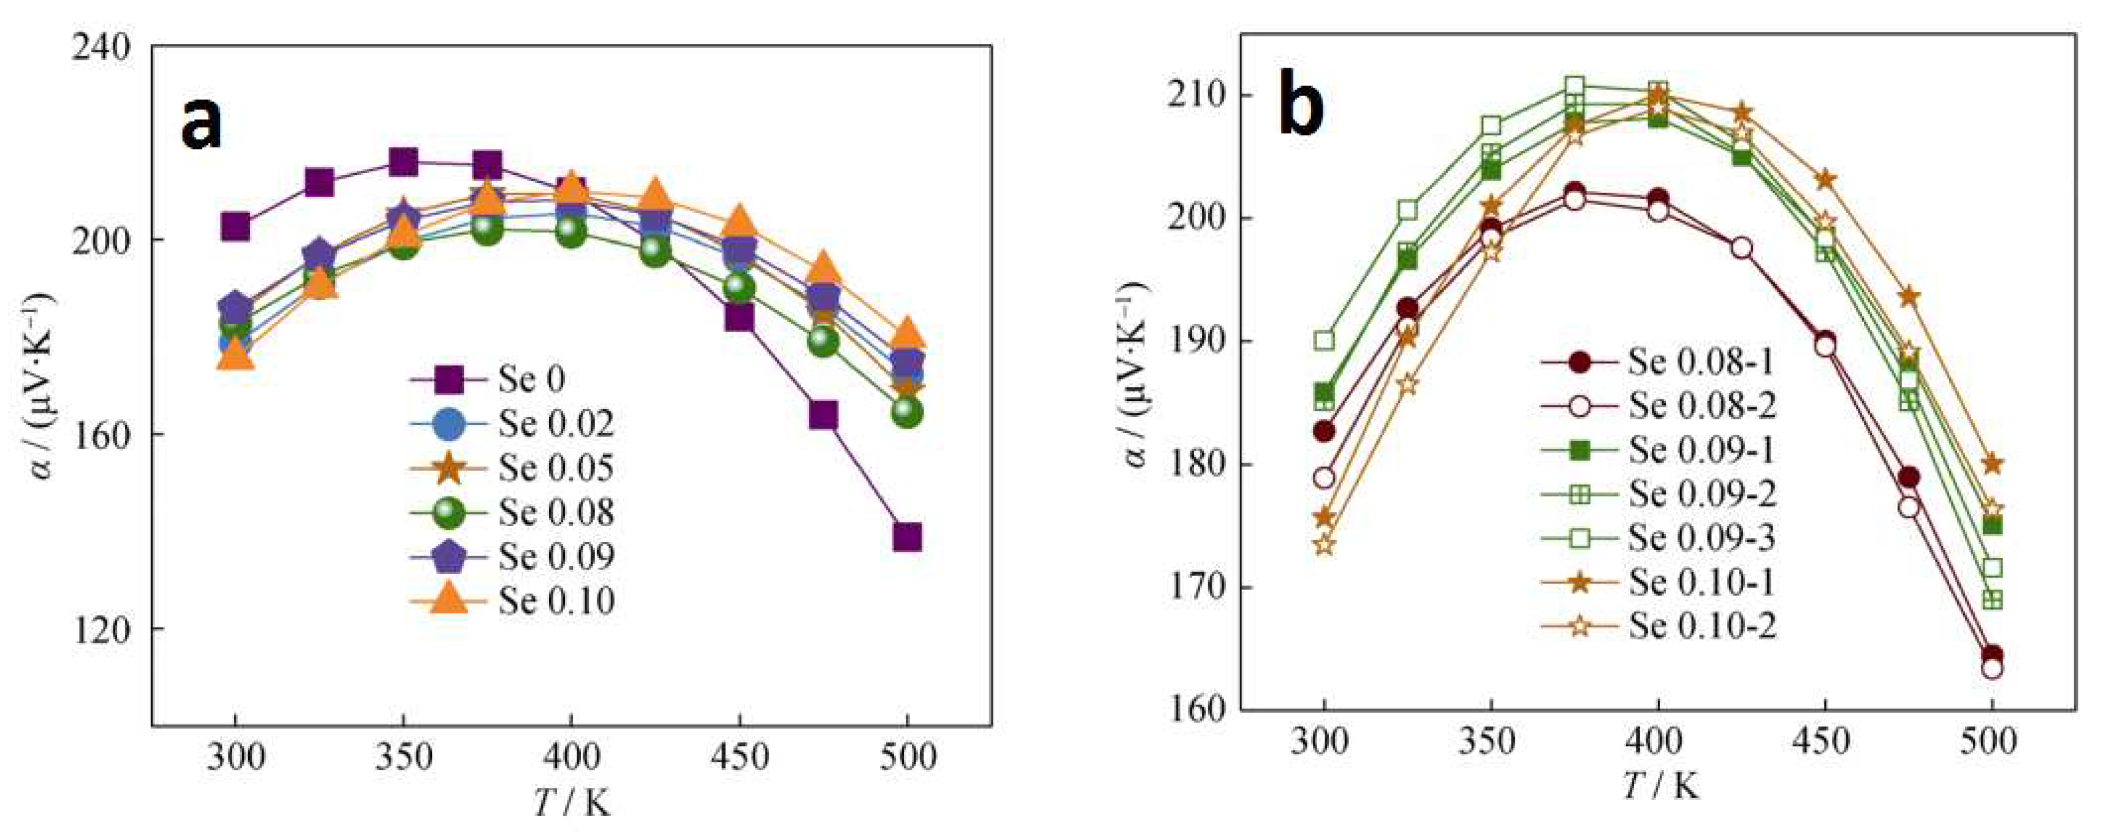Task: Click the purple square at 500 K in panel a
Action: coord(907,537)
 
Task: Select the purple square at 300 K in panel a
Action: coord(235,226)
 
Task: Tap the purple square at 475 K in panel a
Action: coord(823,415)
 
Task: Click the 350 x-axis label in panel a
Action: coord(403,758)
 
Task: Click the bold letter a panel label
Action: coord(201,123)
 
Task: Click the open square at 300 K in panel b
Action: coord(1324,340)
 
